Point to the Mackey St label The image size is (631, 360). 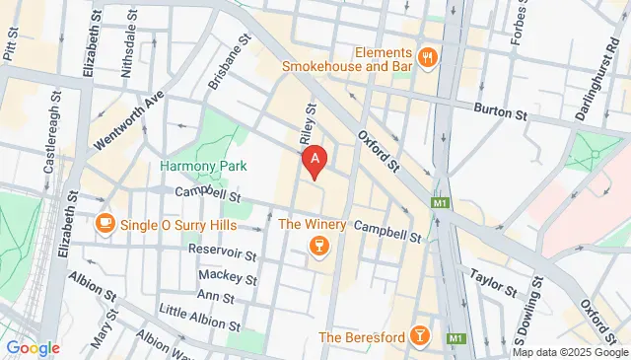pos(227,274)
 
